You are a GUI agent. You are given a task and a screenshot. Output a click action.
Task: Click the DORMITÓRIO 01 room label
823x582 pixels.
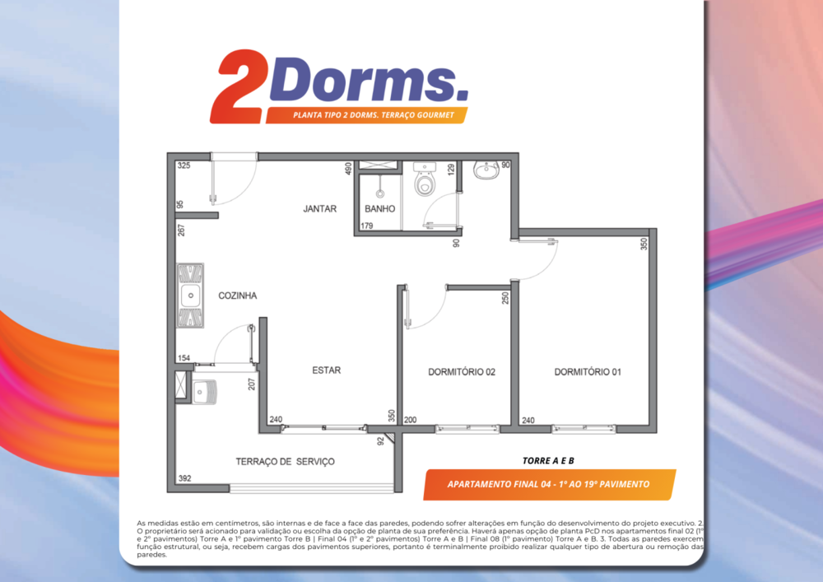587,372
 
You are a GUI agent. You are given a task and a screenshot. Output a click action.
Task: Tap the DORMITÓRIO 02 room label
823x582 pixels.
462,372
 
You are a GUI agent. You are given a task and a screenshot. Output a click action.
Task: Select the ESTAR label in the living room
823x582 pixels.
326,370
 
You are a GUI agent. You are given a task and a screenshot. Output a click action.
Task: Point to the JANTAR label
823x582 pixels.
319,209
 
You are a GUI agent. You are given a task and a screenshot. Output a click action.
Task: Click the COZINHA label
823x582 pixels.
238,296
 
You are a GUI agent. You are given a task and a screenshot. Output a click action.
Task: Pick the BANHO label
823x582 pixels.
380,209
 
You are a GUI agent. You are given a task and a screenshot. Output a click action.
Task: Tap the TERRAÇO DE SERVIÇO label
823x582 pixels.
285,462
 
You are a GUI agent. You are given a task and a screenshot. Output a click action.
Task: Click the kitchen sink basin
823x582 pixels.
190,295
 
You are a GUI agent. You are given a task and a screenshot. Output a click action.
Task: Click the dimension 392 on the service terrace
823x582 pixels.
184,478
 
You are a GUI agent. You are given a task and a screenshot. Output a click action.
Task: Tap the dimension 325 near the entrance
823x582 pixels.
184,166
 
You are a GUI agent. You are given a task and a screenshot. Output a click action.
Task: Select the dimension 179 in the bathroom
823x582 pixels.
368,226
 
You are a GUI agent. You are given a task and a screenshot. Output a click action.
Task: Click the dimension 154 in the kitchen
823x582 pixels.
184,358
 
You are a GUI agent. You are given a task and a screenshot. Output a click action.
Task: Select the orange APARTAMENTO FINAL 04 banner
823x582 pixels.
549,484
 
